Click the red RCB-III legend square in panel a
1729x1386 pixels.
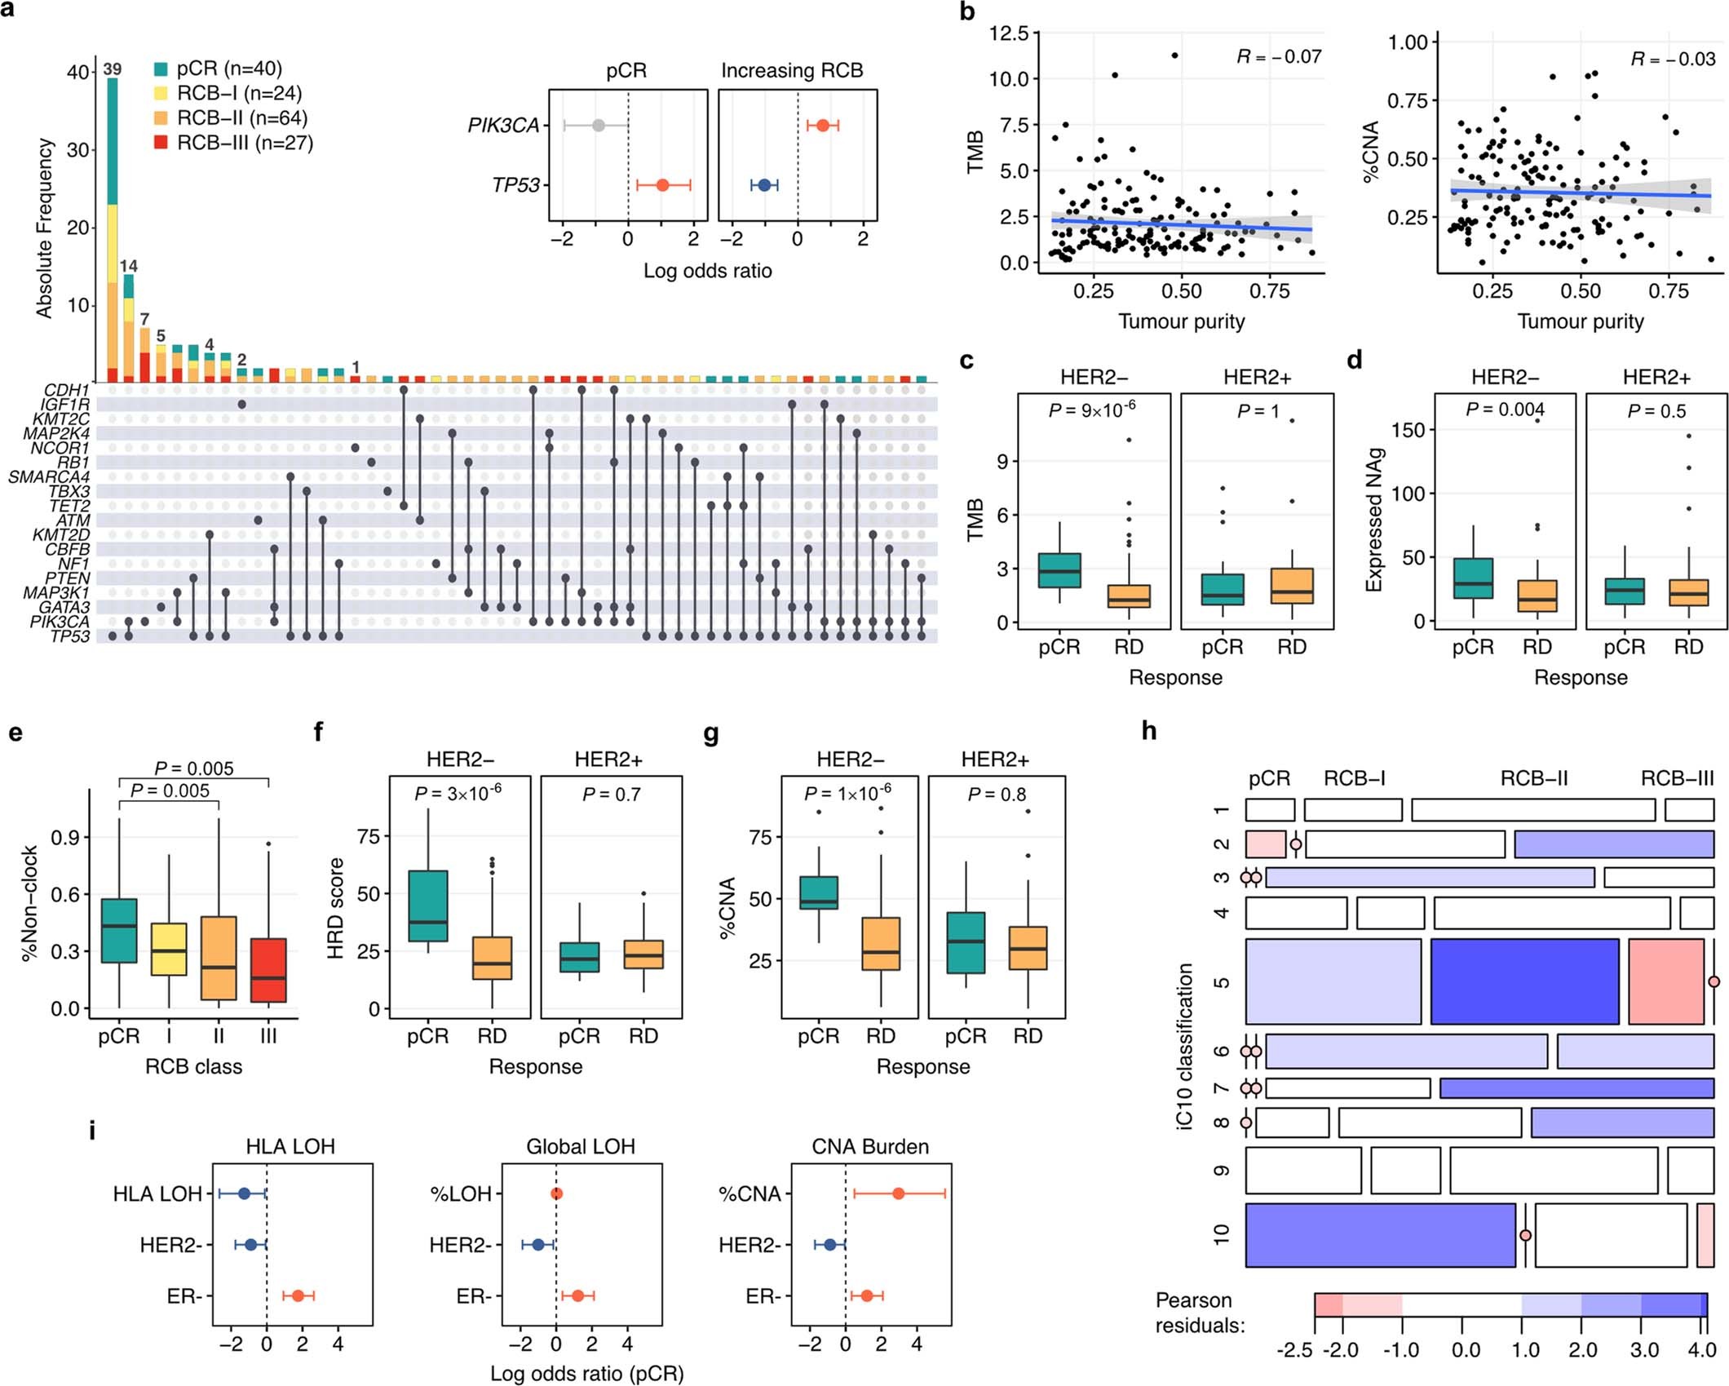click(161, 143)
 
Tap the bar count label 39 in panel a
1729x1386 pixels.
click(112, 69)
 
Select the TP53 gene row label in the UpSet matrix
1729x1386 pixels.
click(69, 636)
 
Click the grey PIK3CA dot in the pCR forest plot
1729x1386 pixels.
click(599, 126)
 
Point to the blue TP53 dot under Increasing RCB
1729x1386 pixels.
click(764, 185)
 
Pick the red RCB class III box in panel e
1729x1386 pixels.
click(268, 970)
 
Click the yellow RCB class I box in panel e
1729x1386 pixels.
click(169, 949)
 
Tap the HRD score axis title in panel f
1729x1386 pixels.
click(335, 907)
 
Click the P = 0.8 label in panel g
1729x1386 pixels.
click(997, 794)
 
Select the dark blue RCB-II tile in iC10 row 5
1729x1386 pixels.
click(1524, 981)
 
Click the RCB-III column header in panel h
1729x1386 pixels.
click(1677, 778)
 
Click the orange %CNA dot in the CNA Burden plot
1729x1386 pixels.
click(898, 1193)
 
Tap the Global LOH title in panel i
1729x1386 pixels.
click(580, 1147)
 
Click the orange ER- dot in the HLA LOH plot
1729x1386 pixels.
click(298, 1296)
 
